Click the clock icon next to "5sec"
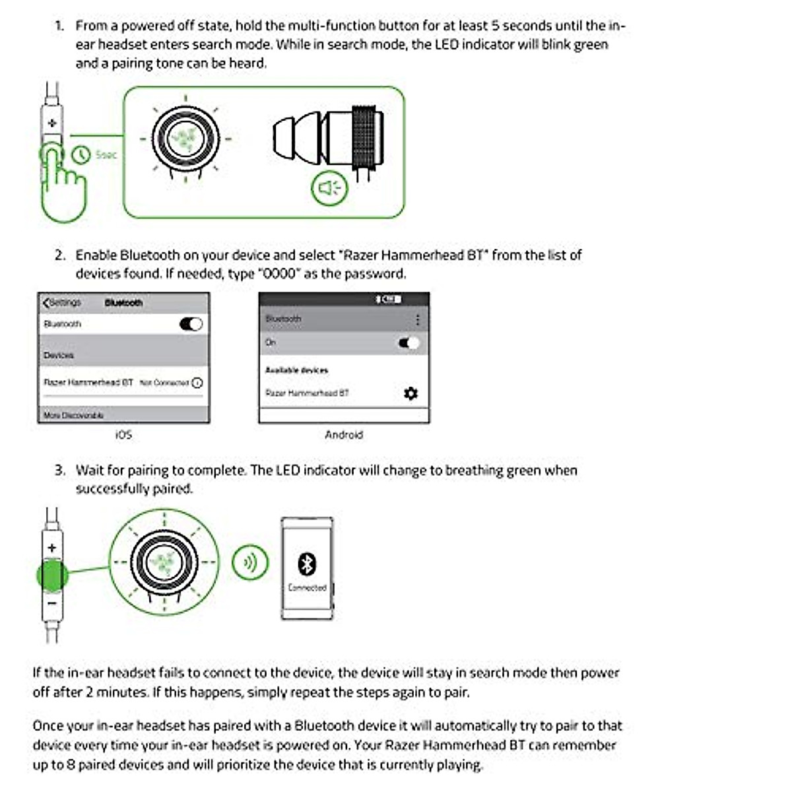click(81, 155)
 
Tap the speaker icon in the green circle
click(329, 188)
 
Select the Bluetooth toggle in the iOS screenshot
click(191, 324)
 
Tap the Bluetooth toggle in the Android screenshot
click(409, 343)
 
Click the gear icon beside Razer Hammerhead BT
click(411, 393)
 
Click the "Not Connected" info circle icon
click(197, 383)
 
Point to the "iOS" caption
click(123, 435)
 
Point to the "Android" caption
click(344, 435)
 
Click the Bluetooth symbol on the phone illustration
click(307, 564)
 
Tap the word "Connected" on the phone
click(307, 587)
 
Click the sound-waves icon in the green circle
click(250, 562)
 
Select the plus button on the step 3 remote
click(52, 548)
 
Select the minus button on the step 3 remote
click(52, 603)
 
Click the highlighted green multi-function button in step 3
click(52, 575)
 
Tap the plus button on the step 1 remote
click(52, 123)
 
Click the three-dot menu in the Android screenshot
click(417, 320)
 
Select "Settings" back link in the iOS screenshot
click(62, 302)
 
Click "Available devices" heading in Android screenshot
click(296, 370)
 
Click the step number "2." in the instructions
click(60, 255)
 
